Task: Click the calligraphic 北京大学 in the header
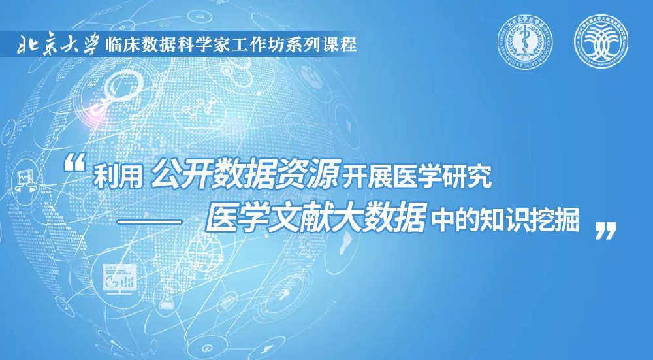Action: click(59, 46)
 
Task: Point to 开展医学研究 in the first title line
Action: click(419, 176)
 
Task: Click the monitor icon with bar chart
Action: click(118, 278)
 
